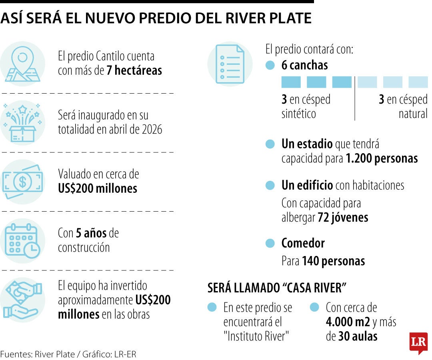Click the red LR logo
coord(418,342)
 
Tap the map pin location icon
coord(23,63)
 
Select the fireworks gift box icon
coord(23,122)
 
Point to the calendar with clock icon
coord(23,240)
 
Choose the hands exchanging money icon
coord(23,299)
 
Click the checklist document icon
coord(230,64)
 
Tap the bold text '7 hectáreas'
coord(134,71)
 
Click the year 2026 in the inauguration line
coord(152,130)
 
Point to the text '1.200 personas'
coord(382,158)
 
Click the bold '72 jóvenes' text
coord(343,218)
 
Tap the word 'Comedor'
coord(303,243)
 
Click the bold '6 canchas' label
coord(304,65)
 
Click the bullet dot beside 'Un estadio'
coord(270,144)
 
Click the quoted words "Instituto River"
coord(256,336)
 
